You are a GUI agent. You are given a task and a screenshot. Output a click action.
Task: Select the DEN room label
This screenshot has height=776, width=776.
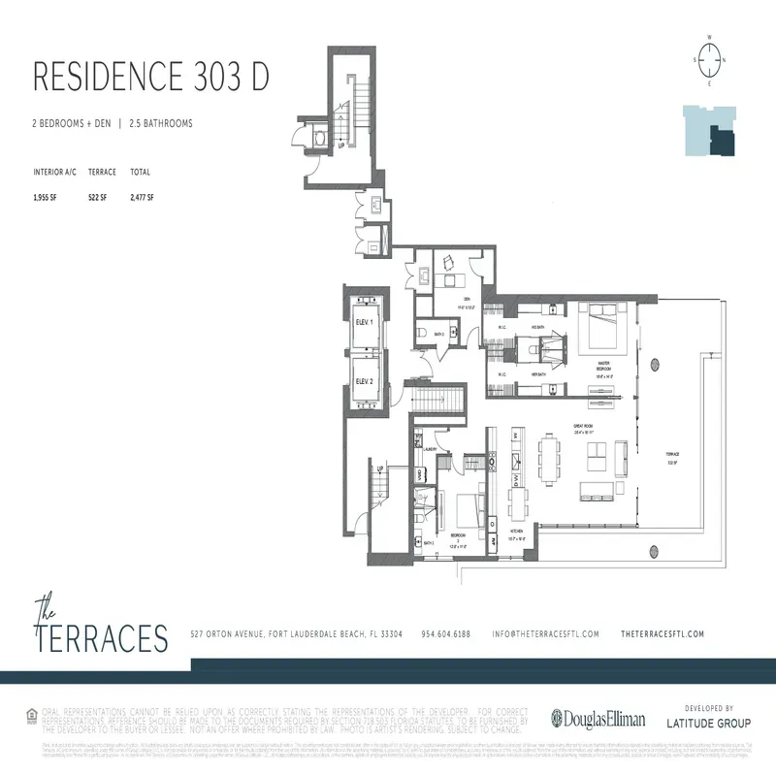[x=466, y=299]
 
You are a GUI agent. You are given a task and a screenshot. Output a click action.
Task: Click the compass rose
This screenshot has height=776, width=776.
[x=710, y=58]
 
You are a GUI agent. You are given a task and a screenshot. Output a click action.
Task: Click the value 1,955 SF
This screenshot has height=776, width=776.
[x=47, y=197]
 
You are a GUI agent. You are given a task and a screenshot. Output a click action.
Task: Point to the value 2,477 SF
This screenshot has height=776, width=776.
[x=142, y=197]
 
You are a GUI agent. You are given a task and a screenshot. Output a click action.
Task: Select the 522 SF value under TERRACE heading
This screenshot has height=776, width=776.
[x=97, y=197]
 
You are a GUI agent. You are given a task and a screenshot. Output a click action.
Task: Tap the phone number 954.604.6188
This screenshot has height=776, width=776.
[x=445, y=634]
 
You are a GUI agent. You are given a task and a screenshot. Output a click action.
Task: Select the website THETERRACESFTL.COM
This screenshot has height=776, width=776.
[x=662, y=634]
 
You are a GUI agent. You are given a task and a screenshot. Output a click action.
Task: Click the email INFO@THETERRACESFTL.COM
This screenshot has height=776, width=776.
[x=544, y=634]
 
